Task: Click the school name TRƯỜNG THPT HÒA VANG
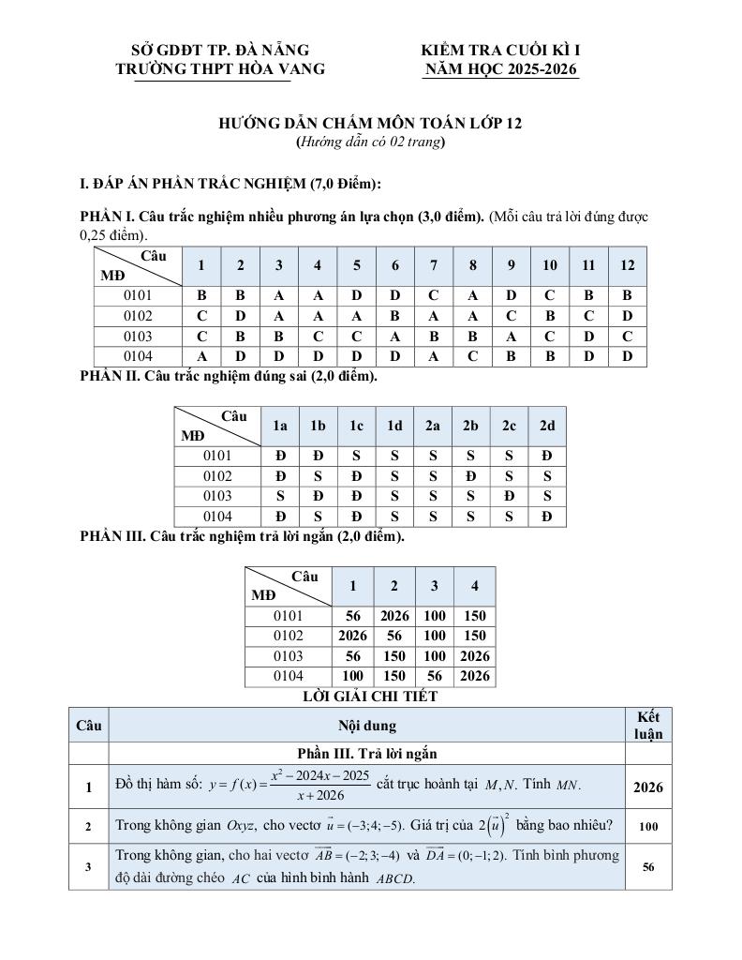220,68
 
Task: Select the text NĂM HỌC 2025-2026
501,68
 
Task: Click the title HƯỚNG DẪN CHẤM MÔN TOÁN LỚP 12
370,123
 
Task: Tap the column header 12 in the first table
627,265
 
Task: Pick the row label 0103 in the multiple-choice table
138,336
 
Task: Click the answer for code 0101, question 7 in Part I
434,295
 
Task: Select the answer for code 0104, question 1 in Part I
201,356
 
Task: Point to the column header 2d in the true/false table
547,426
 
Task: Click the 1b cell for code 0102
318,476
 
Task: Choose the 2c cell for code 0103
509,496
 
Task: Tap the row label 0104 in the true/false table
217,517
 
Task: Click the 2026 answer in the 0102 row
353,636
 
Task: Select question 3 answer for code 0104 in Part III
434,676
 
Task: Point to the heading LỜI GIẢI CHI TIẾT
370,697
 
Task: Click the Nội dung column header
366,725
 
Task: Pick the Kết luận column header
648,725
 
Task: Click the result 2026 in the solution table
648,787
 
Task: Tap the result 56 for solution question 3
648,867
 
